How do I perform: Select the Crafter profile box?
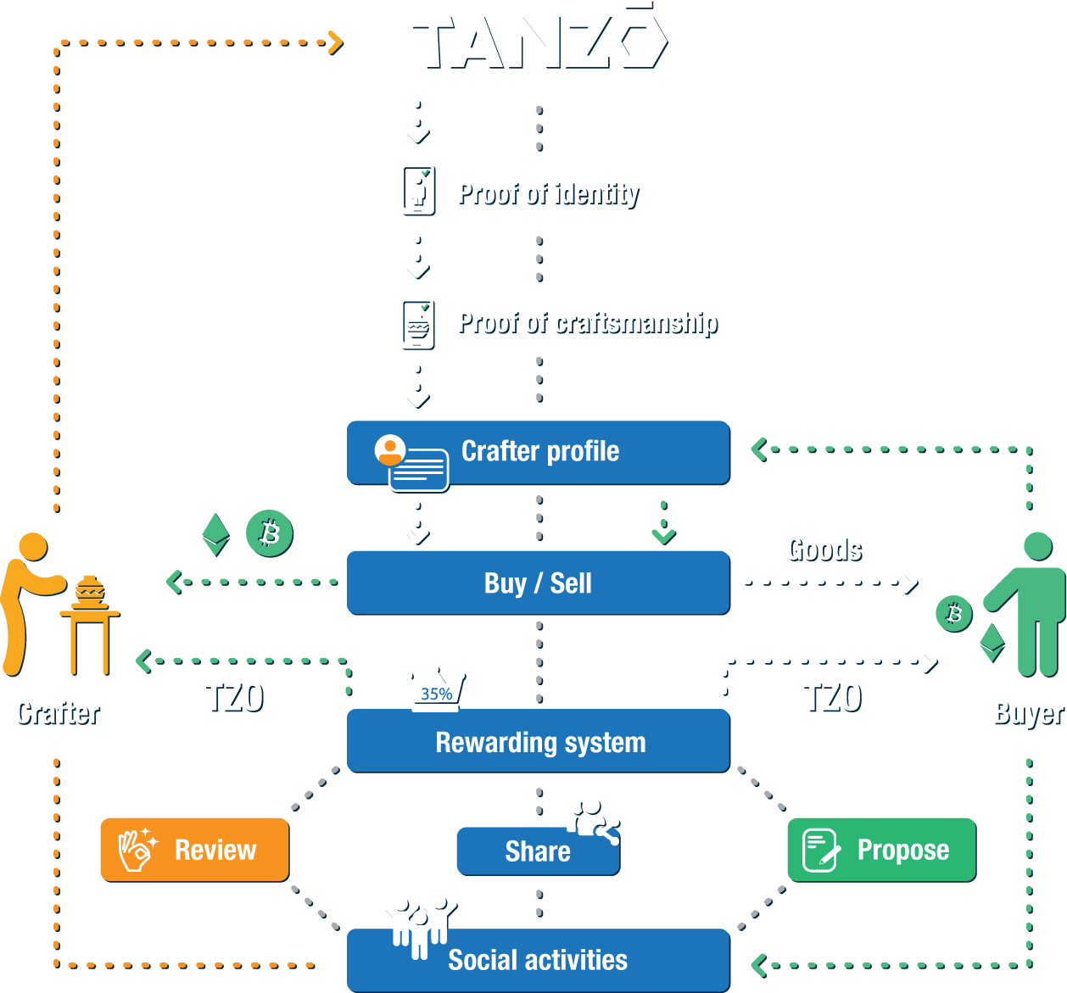(539, 453)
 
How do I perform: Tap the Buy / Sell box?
(539, 583)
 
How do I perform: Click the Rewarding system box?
(539, 741)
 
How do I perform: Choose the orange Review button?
(195, 850)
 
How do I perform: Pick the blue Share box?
(539, 851)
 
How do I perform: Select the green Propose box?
(881, 850)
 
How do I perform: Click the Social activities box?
(539, 960)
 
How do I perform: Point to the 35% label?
(436, 694)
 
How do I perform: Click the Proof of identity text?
(549, 193)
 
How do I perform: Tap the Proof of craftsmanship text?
(589, 323)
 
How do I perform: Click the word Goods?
(826, 549)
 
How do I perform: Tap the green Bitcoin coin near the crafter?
(269, 533)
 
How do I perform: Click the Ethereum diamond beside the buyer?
(992, 643)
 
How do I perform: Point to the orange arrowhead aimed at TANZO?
(336, 43)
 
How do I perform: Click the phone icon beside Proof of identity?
(419, 192)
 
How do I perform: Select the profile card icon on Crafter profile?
(411, 463)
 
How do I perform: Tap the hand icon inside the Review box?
(137, 850)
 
